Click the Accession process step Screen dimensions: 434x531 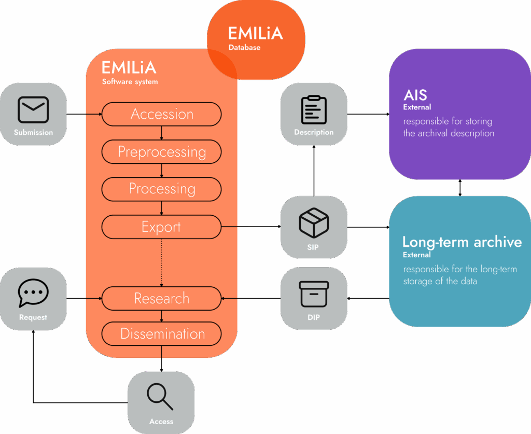tap(162, 114)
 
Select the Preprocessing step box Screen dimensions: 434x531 tap(162, 152)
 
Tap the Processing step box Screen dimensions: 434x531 tap(162, 189)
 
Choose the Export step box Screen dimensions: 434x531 tap(162, 227)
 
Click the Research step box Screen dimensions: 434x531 tap(162, 299)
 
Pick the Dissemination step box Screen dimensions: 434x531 tap(162, 334)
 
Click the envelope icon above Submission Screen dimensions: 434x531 tap(33, 110)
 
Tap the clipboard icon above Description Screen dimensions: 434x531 tap(314, 109)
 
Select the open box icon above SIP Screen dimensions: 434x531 tap(314, 222)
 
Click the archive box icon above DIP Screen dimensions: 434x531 tap(314, 295)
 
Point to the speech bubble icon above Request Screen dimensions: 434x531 tap(33, 294)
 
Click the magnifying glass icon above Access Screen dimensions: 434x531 tap(160, 397)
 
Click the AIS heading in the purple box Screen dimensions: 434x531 tap(415, 95)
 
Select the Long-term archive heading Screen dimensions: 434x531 tap(462, 242)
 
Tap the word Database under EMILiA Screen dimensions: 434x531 tap(244, 48)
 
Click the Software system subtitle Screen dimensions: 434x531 tap(130, 82)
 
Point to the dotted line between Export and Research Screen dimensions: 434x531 tap(162, 262)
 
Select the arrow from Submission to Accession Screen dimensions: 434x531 tap(84, 114)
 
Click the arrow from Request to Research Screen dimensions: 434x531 tap(84, 299)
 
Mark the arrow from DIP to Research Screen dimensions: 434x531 tap(251, 299)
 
